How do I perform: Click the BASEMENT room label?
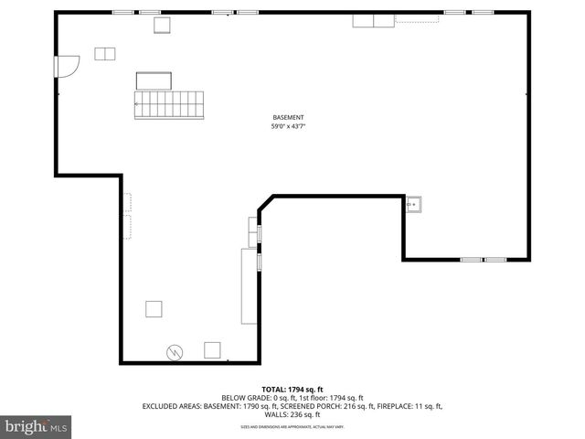(288, 117)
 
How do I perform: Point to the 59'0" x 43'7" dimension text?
(288, 126)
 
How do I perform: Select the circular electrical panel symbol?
(174, 351)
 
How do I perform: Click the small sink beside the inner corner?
(415, 205)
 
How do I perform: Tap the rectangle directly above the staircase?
(155, 80)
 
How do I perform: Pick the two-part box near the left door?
(106, 53)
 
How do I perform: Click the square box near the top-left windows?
(162, 25)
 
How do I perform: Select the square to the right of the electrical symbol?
(213, 349)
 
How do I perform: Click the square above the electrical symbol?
(154, 308)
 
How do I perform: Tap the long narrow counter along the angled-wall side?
(249, 286)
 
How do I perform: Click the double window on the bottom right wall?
(484, 260)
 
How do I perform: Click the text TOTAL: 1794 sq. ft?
(292, 389)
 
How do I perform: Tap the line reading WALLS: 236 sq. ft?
(292, 414)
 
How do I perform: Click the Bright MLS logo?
(37, 426)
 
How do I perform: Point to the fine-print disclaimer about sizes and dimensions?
(292, 426)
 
